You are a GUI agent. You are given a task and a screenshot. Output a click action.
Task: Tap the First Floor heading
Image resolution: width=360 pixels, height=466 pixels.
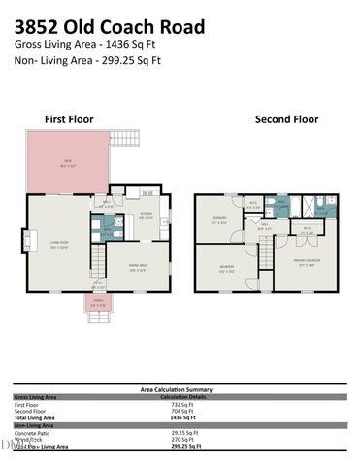pyautogui.click(x=70, y=119)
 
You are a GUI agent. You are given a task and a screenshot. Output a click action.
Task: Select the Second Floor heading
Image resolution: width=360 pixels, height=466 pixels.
pyautogui.click(x=286, y=119)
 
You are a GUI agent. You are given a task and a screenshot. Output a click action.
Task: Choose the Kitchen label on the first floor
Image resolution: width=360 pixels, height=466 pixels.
pyautogui.click(x=146, y=216)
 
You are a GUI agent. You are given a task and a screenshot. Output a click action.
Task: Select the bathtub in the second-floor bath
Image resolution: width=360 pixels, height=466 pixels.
pyautogui.click(x=281, y=205)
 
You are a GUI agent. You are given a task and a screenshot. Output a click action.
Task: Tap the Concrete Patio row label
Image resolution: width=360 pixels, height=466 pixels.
pyautogui.click(x=34, y=432)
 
